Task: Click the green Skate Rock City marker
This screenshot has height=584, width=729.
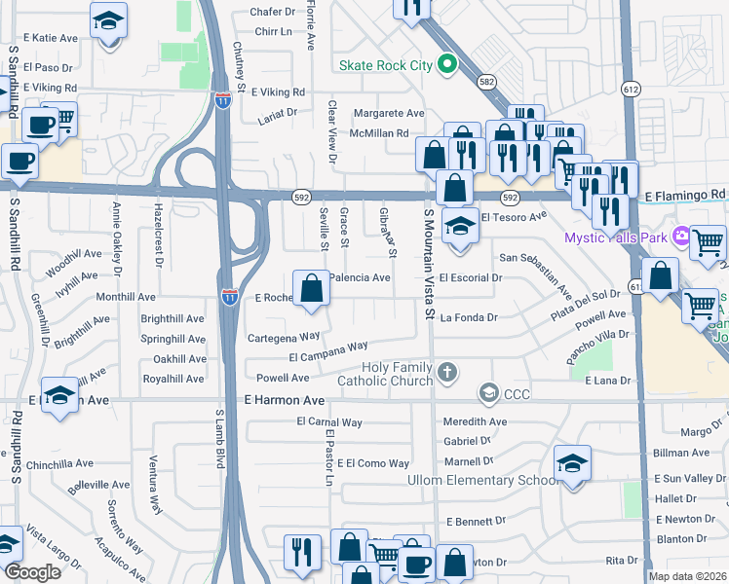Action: click(447, 66)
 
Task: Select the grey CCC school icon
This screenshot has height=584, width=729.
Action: click(488, 393)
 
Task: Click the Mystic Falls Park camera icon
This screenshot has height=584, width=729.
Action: click(679, 237)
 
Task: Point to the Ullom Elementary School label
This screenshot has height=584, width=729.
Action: click(480, 481)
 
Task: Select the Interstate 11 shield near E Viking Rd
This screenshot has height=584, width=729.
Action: click(223, 99)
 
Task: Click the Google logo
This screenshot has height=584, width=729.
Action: click(32, 572)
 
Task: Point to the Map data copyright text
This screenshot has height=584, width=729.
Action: click(687, 576)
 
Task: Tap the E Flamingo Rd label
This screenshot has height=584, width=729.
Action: click(686, 196)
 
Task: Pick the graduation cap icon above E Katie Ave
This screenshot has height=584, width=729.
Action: click(108, 18)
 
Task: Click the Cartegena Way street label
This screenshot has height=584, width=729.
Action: click(284, 336)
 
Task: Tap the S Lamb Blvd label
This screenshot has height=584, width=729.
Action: click(219, 441)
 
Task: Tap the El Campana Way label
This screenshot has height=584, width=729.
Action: click(328, 350)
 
